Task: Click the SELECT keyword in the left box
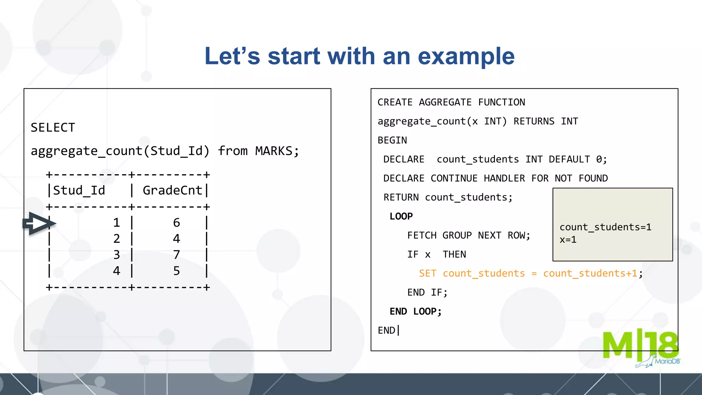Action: pos(53,128)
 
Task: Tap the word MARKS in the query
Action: pos(274,151)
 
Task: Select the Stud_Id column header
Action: pos(79,191)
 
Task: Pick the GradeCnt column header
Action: pos(172,191)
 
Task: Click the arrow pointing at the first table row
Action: pos(39,224)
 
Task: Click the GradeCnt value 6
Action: pos(177,223)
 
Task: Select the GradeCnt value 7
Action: pos(177,255)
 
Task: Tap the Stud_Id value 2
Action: pos(117,239)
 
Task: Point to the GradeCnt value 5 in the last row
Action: pos(177,271)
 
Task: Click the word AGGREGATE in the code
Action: pos(445,103)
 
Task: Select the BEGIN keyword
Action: pos(392,141)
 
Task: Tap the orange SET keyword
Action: pos(427,274)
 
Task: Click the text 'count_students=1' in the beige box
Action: pos(605,227)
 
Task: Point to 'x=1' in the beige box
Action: pos(568,240)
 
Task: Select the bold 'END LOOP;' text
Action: pos(415,312)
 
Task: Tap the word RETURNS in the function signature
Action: pos(534,121)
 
